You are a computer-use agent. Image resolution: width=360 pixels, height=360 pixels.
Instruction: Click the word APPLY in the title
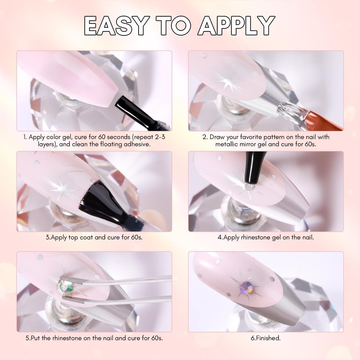(237, 26)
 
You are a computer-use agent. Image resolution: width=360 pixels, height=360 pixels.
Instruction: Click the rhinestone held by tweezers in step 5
(66, 287)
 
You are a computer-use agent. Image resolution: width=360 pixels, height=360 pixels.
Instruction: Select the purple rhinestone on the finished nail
(246, 288)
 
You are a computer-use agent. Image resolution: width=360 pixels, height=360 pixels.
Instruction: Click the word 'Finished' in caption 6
(268, 338)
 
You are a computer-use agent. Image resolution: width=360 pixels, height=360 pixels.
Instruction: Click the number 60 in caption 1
(102, 137)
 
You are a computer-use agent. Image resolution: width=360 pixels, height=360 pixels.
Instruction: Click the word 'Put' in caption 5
(36, 338)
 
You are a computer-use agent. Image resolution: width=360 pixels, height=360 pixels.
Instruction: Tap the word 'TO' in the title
(173, 26)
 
